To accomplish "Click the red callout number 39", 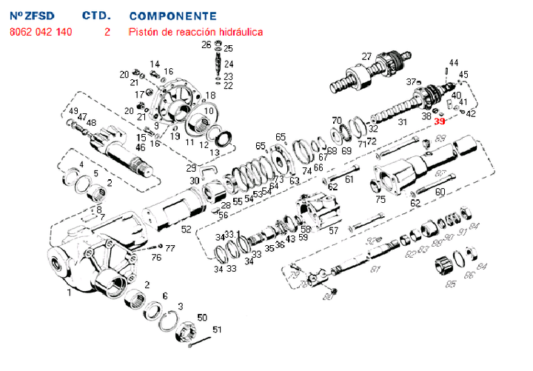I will pyautogui.click(x=440, y=121).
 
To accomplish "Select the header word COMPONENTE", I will pyautogui.click(x=172, y=16).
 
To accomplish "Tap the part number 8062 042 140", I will pyautogui.click(x=41, y=33).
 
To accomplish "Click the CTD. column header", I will pyautogui.click(x=96, y=16).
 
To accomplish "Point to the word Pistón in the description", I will pyautogui.click(x=144, y=33).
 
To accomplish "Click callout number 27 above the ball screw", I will pyautogui.click(x=366, y=57).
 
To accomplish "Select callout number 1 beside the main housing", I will pyautogui.click(x=69, y=293).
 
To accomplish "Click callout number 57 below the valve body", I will pyautogui.click(x=333, y=230).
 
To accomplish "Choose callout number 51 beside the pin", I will pyautogui.click(x=217, y=329).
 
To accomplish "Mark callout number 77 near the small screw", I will pyautogui.click(x=170, y=248).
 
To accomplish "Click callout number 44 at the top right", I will pyautogui.click(x=453, y=62).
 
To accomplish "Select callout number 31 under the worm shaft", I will pyautogui.click(x=402, y=123).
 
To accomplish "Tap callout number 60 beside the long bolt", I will pyautogui.click(x=439, y=191).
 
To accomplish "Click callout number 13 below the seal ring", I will pyautogui.click(x=214, y=152).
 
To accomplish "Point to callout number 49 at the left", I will pyautogui.click(x=73, y=111).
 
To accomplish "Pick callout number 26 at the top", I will pyautogui.click(x=207, y=45).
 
